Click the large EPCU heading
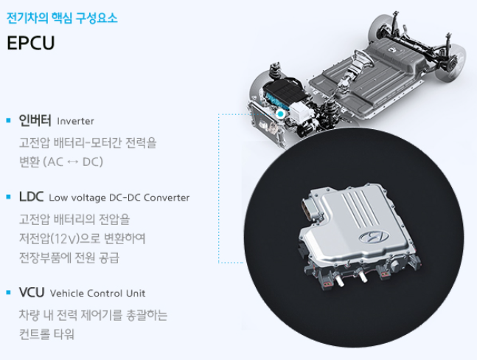click(x=31, y=42)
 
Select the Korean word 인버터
click(x=35, y=120)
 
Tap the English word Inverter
click(x=75, y=120)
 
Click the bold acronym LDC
click(x=32, y=197)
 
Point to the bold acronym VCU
click(x=32, y=292)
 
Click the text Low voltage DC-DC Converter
click(x=119, y=198)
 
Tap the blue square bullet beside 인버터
click(x=8, y=120)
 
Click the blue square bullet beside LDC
click(x=8, y=198)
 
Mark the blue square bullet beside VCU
click(x=8, y=293)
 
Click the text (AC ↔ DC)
click(x=72, y=161)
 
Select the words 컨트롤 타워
click(x=47, y=334)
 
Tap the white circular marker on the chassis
click(x=280, y=114)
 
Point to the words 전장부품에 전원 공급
click(x=69, y=258)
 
